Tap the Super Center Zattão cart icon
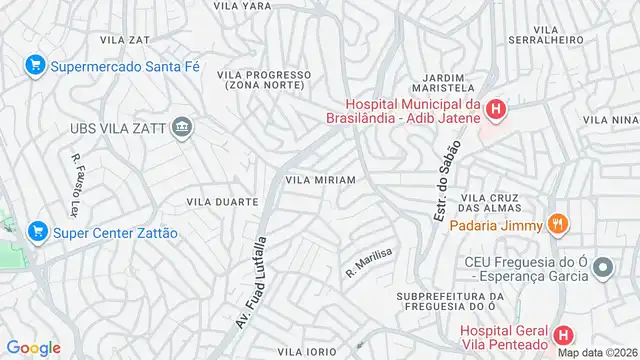(x=37, y=232)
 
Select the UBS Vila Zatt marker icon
(x=182, y=126)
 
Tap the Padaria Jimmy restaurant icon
(x=558, y=225)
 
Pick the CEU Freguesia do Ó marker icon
(x=602, y=266)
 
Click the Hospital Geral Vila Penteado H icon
(x=564, y=335)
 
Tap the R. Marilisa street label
(x=367, y=262)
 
